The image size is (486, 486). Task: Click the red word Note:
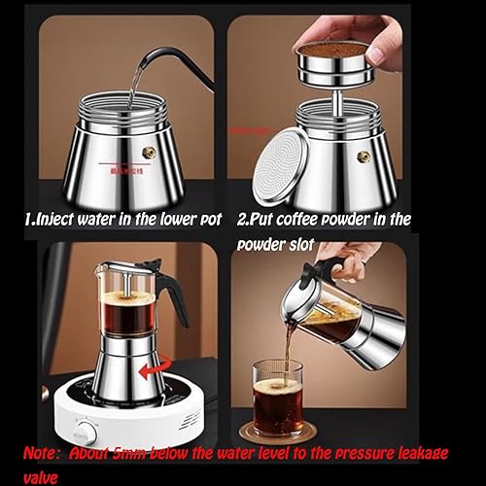[x=48, y=454]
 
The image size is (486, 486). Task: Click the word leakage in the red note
[x=410, y=454]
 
